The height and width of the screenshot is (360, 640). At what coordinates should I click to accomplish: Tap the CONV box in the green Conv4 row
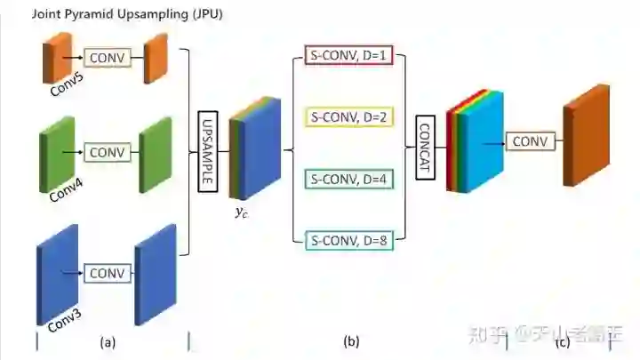tap(108, 152)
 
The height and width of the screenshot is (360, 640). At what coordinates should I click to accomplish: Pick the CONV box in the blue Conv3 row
tap(108, 273)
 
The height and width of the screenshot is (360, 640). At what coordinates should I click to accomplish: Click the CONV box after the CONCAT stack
tap(530, 140)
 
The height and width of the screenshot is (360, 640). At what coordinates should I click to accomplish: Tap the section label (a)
tap(108, 341)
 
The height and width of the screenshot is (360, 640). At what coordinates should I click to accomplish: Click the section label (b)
tap(351, 341)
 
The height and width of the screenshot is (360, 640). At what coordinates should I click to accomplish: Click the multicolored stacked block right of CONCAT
tap(476, 142)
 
